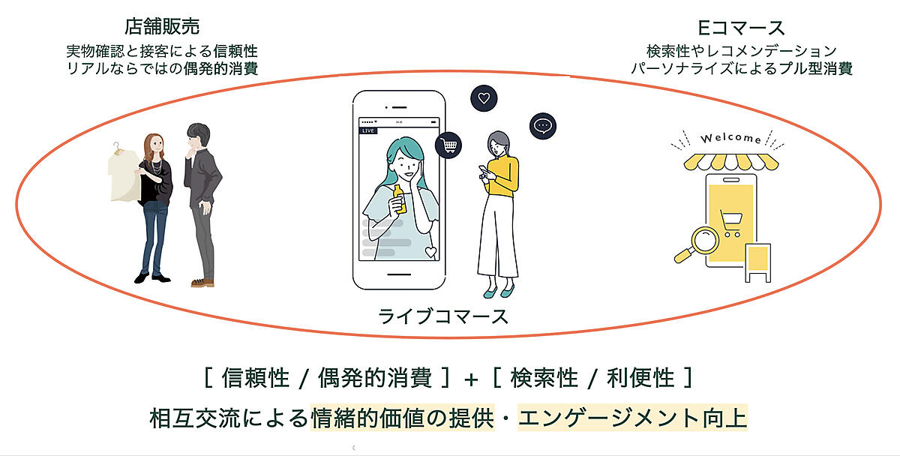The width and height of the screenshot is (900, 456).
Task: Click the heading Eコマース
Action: (741, 28)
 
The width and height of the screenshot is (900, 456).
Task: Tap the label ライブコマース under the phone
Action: (443, 315)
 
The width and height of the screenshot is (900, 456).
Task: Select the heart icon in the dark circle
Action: (484, 97)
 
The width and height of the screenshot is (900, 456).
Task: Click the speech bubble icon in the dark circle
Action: (542, 125)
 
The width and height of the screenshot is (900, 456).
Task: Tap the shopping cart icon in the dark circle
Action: (448, 144)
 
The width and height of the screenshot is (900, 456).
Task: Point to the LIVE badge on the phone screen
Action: (368, 130)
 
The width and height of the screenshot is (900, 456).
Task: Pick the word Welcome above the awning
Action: (730, 139)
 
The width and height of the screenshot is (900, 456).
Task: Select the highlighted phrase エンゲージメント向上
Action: (632, 417)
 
